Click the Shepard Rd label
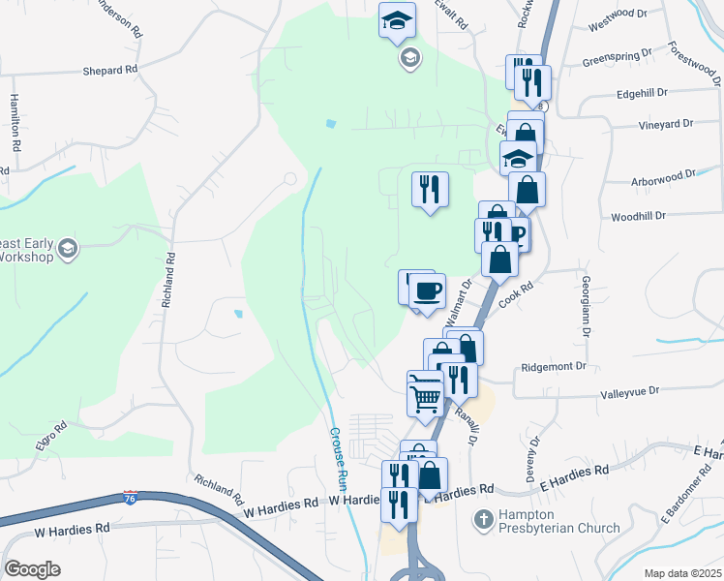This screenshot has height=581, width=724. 110,70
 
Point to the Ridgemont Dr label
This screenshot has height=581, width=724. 555,367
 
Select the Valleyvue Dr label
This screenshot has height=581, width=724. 629,391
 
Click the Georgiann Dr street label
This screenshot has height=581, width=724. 588,304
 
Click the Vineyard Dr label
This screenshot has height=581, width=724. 666,125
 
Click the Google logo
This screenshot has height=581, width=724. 33,569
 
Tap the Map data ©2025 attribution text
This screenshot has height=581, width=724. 680,573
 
